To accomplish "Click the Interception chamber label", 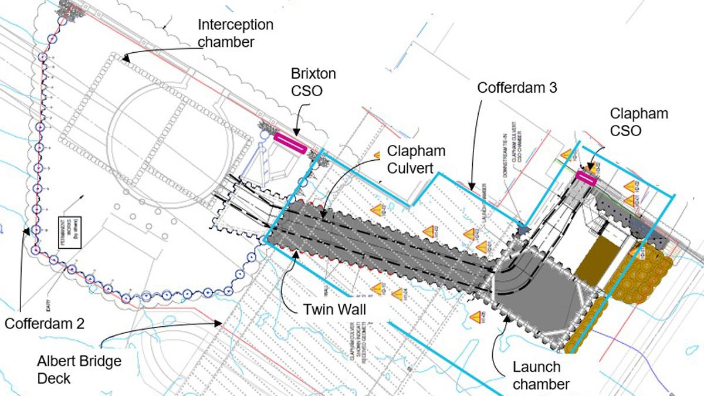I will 235,33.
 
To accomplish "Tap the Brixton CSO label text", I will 313,82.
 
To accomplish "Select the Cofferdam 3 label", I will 517,88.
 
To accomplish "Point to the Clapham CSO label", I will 639,122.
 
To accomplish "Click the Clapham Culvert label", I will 416,159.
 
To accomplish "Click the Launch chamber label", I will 536,375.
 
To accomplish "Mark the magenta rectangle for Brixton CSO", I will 290,143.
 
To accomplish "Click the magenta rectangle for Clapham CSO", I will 586,178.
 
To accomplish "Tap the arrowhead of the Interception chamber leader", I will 125,57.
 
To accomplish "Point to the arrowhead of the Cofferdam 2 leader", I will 26,231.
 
